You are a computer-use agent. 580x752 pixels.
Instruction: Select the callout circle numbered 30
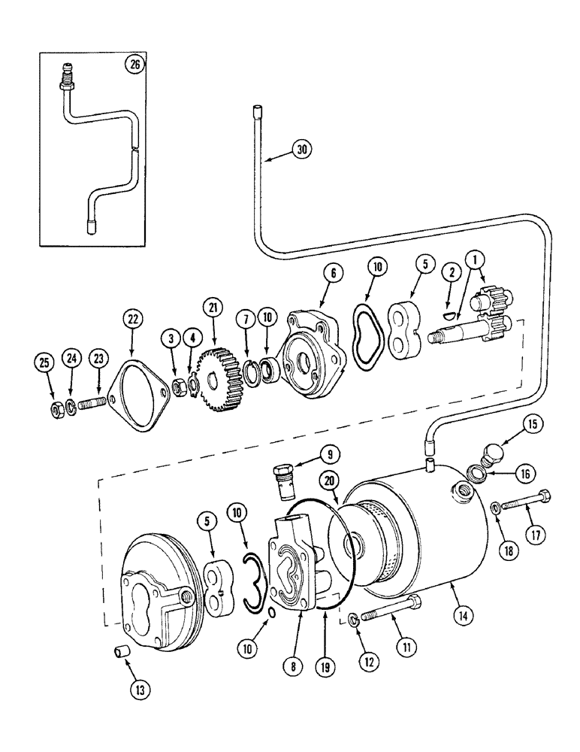click(x=302, y=150)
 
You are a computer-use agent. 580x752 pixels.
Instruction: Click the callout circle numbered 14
click(x=464, y=614)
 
